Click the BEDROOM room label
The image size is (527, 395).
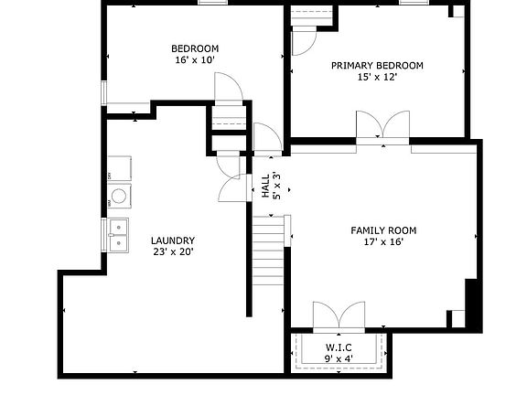pos(195,48)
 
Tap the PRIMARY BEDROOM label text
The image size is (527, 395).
pos(377,65)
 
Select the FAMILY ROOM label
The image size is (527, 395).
pos(383,230)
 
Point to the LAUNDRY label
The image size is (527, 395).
pos(172,240)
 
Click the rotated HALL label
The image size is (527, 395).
pos(265,186)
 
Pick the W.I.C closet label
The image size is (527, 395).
pos(340,347)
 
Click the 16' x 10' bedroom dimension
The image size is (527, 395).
pos(195,60)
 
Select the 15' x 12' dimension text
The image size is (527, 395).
pos(377,78)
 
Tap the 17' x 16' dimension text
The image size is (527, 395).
pos(383,242)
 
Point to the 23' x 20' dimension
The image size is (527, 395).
pos(172,252)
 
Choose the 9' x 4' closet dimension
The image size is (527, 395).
pos(340,358)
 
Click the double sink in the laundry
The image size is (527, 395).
pos(119,234)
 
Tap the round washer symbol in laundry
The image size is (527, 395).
pos(119,195)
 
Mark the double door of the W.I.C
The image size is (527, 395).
pos(339,316)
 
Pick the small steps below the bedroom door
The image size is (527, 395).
pos(229,118)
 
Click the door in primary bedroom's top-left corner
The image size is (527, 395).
pos(305,39)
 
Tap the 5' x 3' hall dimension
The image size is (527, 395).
pos(276,186)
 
